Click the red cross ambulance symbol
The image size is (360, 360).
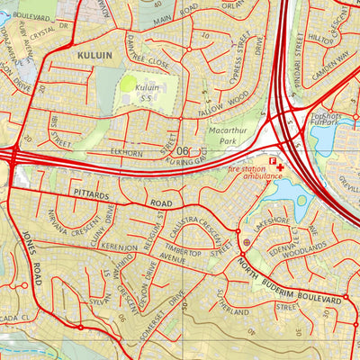[x=281, y=167]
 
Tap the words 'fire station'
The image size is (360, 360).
[x=247, y=168]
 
